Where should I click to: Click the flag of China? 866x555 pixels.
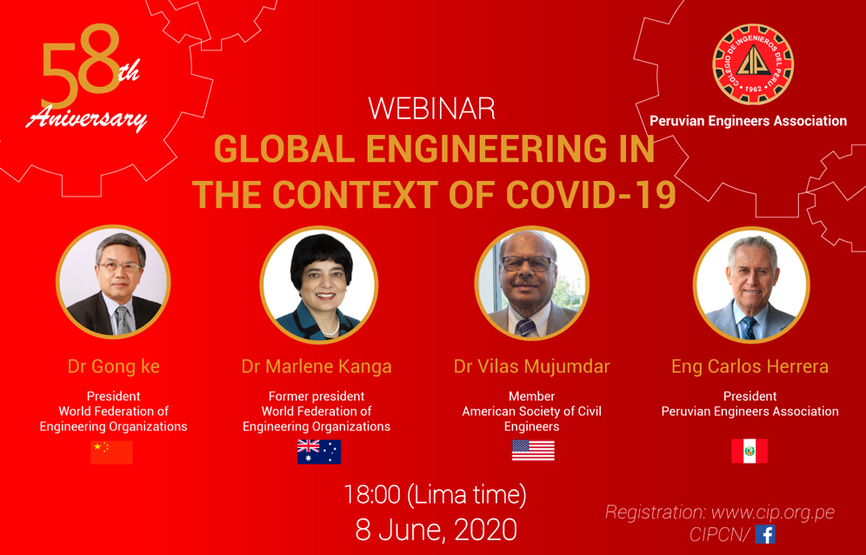(111, 452)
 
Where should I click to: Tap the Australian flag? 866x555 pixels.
(319, 451)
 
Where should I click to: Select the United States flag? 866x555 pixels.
(533, 451)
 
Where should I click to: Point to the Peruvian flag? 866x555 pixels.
(749, 451)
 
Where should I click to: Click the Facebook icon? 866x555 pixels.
(765, 534)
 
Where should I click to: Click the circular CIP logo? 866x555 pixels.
(753, 64)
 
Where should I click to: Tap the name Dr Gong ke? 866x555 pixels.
(113, 366)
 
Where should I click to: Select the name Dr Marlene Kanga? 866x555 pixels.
(316, 366)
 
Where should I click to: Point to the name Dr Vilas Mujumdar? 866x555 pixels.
(532, 366)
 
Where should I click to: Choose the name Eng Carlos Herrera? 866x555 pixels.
(750, 366)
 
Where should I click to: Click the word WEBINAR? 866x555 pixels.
(431, 109)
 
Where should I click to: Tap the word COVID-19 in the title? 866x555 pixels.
(591, 195)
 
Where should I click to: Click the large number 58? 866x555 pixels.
(81, 66)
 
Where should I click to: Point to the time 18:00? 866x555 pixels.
(371, 495)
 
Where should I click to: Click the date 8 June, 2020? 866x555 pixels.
(436, 530)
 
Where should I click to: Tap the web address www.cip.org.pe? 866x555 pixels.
(773, 512)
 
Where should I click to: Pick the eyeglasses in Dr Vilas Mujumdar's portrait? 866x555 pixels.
(528, 263)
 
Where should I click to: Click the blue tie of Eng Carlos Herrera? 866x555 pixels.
(749, 328)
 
